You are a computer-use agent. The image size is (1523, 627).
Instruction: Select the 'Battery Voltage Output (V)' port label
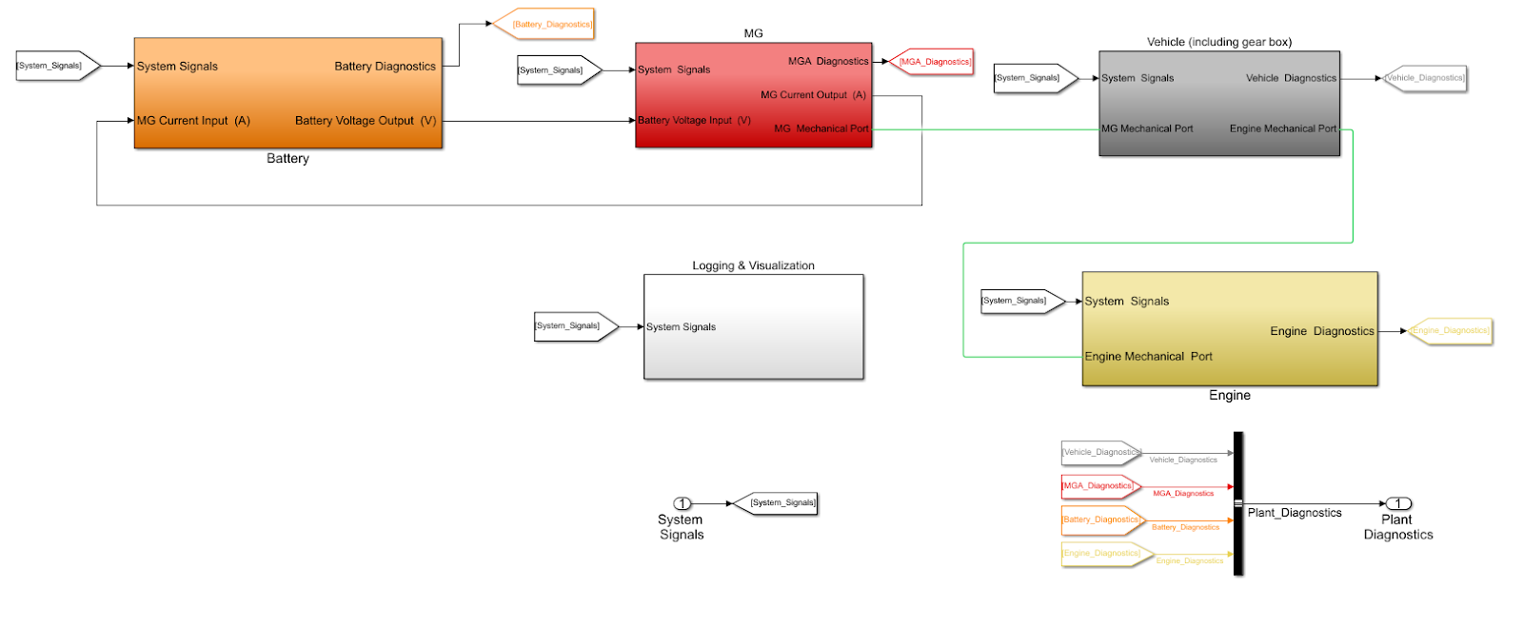366,121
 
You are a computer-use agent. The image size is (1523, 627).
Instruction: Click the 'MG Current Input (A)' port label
193,121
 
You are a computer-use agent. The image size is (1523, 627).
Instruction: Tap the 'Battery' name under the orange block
287,159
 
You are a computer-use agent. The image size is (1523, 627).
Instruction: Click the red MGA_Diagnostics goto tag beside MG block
933,62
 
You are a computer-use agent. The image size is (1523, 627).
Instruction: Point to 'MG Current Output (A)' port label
813,95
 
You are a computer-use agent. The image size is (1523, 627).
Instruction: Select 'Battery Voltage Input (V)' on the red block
694,121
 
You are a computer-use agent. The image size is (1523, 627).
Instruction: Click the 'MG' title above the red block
753,33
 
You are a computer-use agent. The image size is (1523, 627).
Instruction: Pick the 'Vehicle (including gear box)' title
1218,42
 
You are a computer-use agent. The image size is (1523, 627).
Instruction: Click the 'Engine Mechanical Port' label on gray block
1282,128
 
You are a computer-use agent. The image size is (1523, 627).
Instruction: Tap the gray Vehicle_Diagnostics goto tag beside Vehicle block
1425,78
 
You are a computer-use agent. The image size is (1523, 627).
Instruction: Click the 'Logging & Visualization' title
753,265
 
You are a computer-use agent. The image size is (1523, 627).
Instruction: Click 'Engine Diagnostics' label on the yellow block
1321,331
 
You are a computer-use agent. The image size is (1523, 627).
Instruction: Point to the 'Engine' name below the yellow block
1229,396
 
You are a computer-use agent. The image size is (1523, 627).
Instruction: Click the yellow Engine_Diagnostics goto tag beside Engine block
1451,331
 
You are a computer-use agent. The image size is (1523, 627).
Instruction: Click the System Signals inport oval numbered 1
682,503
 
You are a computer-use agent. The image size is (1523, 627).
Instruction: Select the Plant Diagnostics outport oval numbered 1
1397,503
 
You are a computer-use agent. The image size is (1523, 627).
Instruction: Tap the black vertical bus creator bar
1237,503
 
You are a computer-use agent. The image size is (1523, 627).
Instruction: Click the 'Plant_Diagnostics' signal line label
1294,513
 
